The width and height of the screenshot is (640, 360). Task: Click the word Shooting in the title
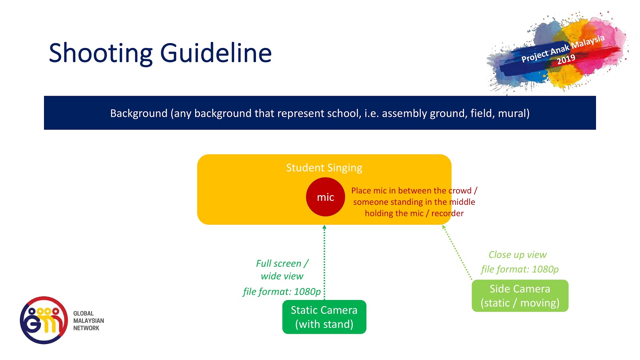coord(100,53)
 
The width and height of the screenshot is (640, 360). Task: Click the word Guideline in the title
coord(216,53)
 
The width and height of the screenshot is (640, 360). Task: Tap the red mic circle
coord(325,197)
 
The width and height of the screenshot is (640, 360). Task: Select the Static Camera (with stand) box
coord(324,317)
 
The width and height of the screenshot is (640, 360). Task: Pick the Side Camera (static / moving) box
coord(520,296)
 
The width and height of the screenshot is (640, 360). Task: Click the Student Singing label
coord(324,168)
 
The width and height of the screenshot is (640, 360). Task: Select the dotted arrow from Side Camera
coord(457,252)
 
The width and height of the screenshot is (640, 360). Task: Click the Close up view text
coord(517,255)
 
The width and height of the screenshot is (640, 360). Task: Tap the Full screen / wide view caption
coord(282,270)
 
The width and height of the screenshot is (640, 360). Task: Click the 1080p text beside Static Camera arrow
coord(307,292)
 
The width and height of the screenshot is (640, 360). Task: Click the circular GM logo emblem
coord(44,320)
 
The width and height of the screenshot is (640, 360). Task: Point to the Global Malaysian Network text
coord(88,321)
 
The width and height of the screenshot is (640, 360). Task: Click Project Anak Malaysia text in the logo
coord(562,48)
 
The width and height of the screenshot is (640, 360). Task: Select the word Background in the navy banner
coord(139,114)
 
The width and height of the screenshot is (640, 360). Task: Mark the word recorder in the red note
coord(447,213)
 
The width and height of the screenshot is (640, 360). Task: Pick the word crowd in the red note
coord(460,191)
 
